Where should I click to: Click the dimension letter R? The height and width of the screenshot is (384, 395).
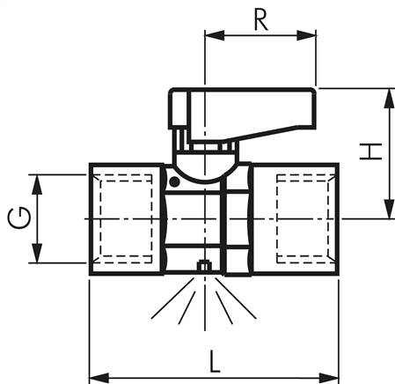[x=260, y=19]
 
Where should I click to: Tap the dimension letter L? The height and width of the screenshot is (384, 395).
[x=214, y=360]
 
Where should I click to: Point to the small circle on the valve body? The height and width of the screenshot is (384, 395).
[x=174, y=182]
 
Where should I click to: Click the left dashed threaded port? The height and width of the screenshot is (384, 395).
[x=126, y=218]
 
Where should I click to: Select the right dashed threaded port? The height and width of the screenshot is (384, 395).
[x=303, y=218]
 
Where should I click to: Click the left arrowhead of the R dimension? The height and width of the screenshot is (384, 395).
[x=211, y=36]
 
